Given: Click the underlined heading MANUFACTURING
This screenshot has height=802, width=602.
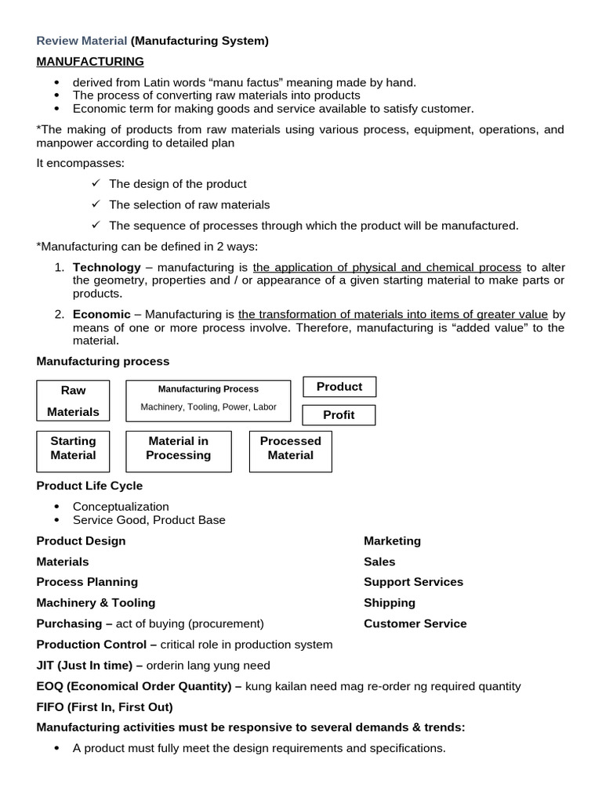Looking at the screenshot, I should [90, 61].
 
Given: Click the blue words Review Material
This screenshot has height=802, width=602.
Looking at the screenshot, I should [82, 41].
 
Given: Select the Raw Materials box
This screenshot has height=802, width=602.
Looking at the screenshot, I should [73, 400].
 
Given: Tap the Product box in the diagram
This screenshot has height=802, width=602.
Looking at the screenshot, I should [339, 387].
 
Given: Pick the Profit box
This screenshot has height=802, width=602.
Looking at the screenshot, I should [339, 415].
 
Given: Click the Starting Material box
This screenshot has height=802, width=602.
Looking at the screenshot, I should [73, 449].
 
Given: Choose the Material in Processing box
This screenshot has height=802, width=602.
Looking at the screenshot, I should [178, 449].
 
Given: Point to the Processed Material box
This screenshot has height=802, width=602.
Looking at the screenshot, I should [290, 449].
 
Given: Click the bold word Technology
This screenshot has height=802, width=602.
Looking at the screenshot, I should [107, 267].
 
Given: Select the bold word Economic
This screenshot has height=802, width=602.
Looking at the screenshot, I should [102, 315].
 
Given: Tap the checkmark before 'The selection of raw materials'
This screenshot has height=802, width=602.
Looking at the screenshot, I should [96, 204].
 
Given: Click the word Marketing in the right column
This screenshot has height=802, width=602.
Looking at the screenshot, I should [392, 541].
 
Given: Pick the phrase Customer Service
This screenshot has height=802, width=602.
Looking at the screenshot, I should [415, 624].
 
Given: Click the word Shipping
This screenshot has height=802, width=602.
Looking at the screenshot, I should [390, 603].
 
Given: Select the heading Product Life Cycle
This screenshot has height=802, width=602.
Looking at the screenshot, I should [89, 486].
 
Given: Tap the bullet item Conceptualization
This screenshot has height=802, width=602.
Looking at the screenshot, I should [121, 507].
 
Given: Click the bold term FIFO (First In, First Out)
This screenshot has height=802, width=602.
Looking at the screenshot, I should [104, 706].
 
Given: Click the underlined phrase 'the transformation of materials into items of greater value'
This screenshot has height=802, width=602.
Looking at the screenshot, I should [393, 315].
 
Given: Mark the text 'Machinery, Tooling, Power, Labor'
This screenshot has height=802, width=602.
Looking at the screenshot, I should [208, 407].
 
